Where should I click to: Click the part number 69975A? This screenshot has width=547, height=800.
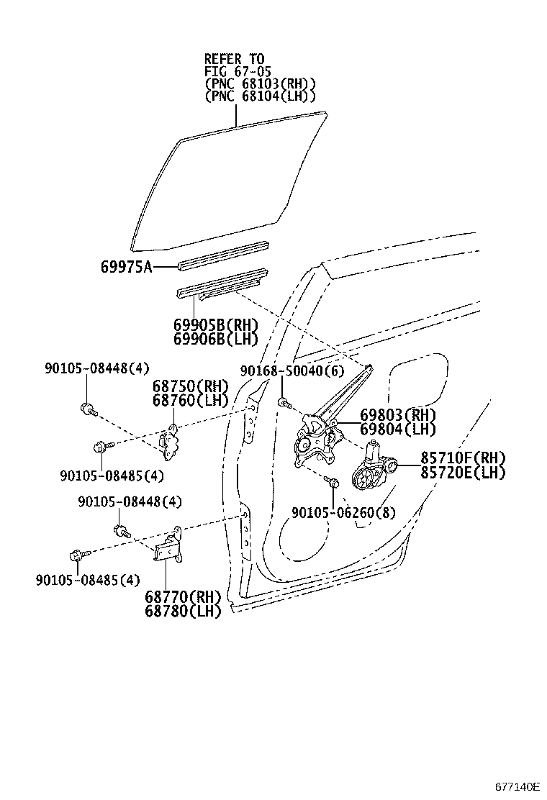(x=126, y=267)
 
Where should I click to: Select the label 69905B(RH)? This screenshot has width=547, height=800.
(x=215, y=324)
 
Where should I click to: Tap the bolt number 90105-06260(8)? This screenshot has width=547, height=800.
(x=344, y=512)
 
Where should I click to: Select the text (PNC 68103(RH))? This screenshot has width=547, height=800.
(x=260, y=83)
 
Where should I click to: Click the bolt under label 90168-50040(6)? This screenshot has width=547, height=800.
(x=284, y=401)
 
